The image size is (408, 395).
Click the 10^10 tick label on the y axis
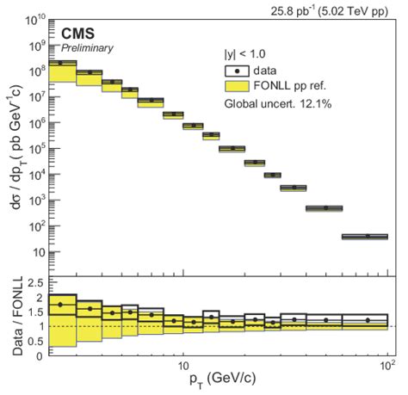(x=34, y=18)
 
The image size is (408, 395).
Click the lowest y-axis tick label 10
(x=39, y=253)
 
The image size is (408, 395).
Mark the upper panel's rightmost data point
(x=366, y=236)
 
